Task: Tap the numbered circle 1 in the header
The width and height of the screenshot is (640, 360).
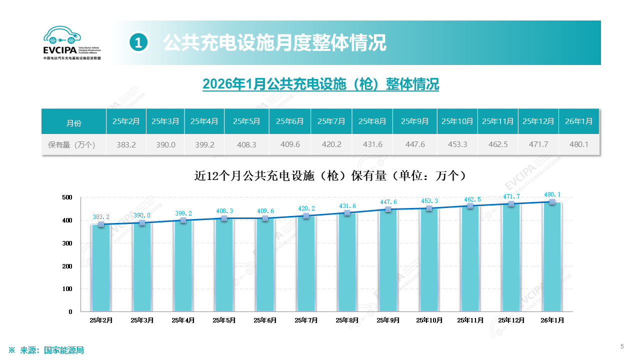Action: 138,43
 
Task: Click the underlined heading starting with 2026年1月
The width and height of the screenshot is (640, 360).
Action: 320,84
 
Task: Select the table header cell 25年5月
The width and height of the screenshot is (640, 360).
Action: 246,121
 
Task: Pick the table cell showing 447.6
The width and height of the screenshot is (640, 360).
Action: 415,144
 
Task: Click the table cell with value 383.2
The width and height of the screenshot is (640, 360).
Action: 126,144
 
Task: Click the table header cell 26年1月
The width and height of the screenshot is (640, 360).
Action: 578,121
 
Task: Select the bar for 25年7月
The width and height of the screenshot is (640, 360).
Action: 306,263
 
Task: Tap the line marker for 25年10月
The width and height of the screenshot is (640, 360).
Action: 429,208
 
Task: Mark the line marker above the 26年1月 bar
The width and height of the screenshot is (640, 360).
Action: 552,202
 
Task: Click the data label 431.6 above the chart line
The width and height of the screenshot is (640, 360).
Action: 347,206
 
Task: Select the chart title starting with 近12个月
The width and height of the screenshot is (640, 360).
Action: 330,176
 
